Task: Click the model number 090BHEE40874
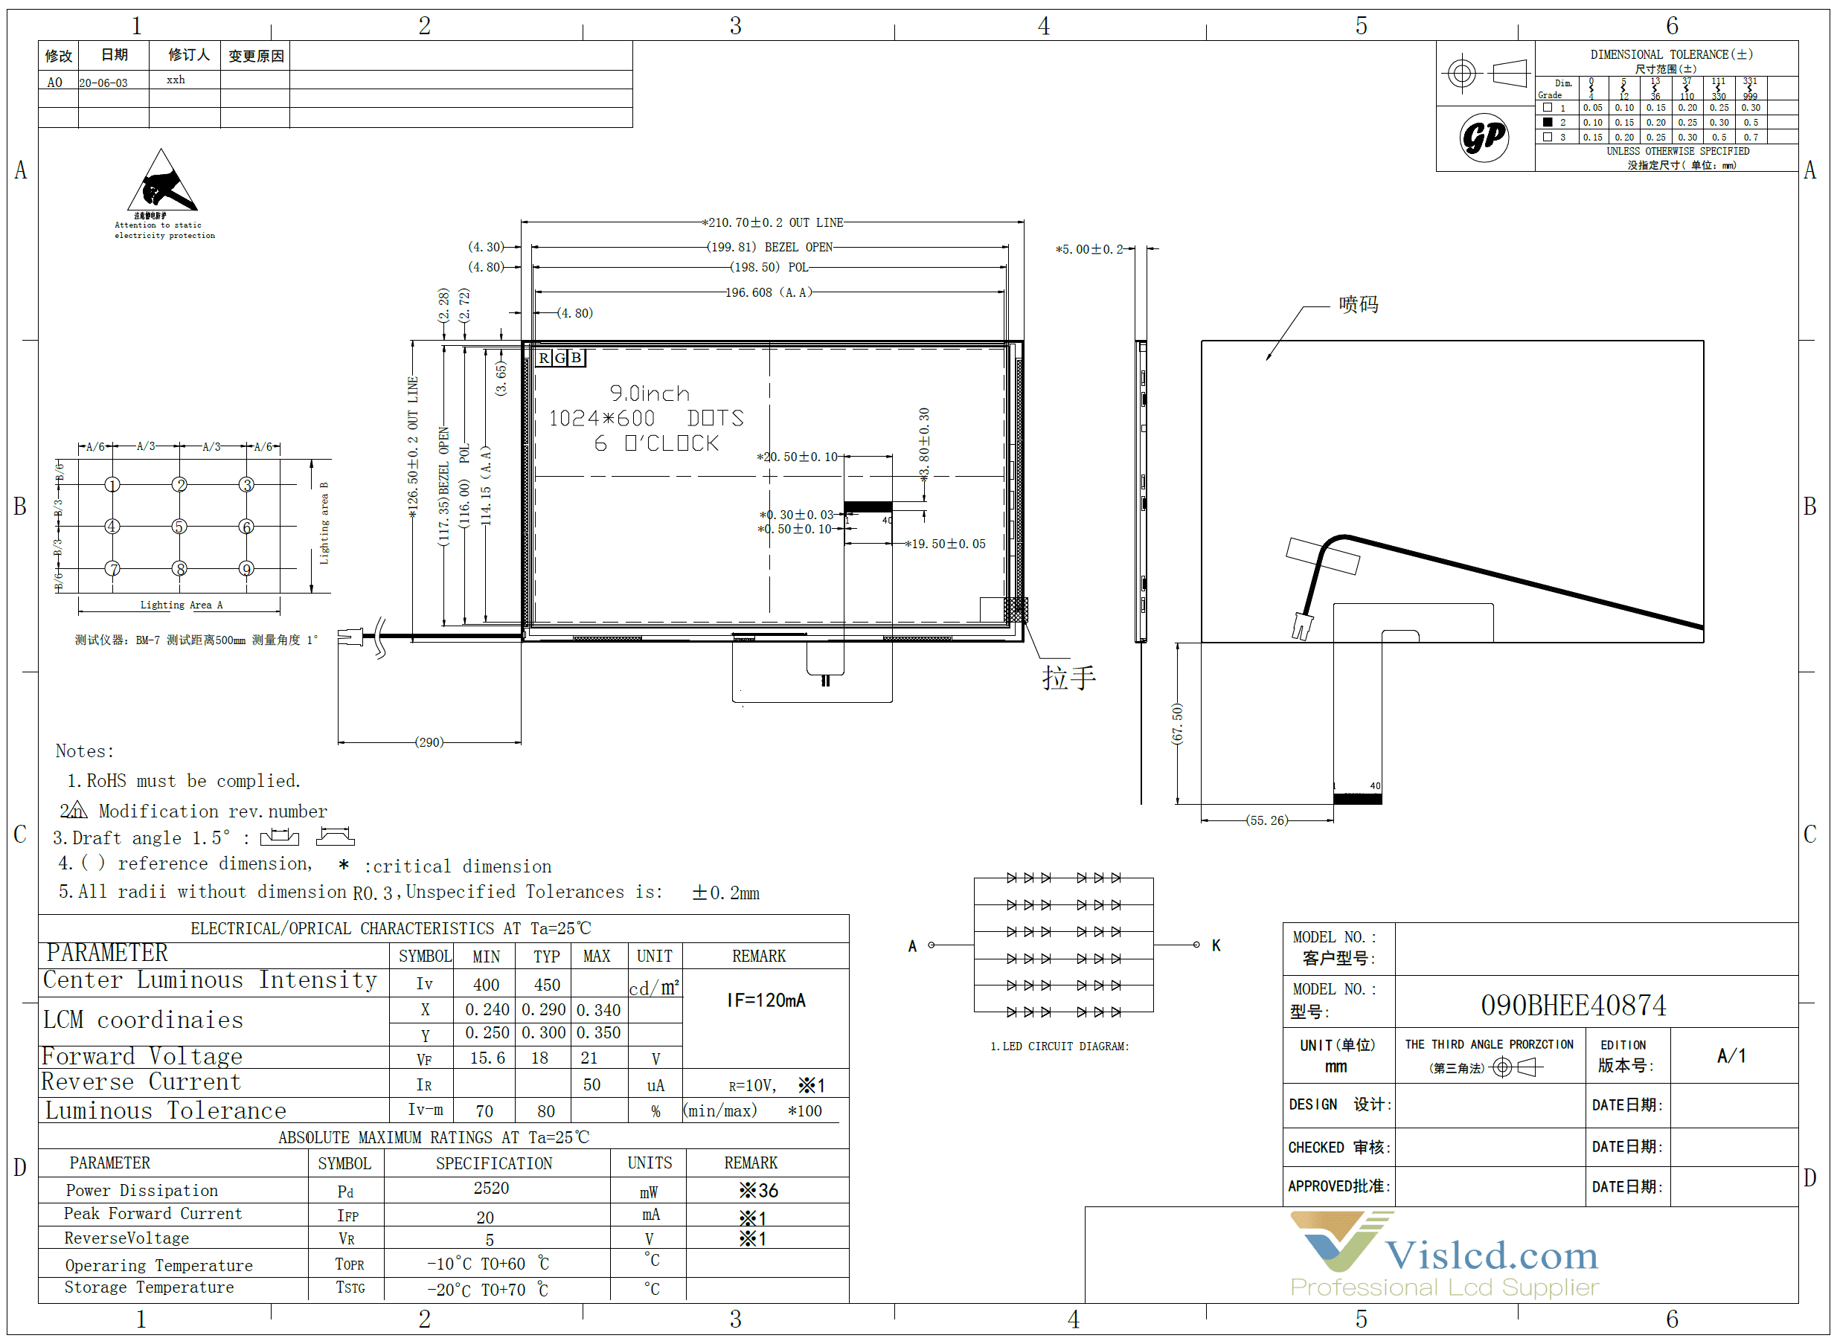click(x=1572, y=1006)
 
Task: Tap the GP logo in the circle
click(x=1483, y=137)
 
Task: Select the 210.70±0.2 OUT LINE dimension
click(x=774, y=222)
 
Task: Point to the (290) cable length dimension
click(x=429, y=742)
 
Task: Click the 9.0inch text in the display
click(x=649, y=393)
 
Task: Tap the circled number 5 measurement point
click(x=179, y=527)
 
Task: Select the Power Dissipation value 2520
click(x=491, y=1188)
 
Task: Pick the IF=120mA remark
click(x=766, y=1000)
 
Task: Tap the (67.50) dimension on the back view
click(x=1177, y=723)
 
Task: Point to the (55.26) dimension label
click(x=1267, y=820)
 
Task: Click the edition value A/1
click(x=1731, y=1056)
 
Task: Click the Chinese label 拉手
click(x=1068, y=677)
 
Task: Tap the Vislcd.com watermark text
click(x=1491, y=1255)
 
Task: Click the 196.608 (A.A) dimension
click(x=768, y=292)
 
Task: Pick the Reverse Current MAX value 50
click(x=592, y=1084)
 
